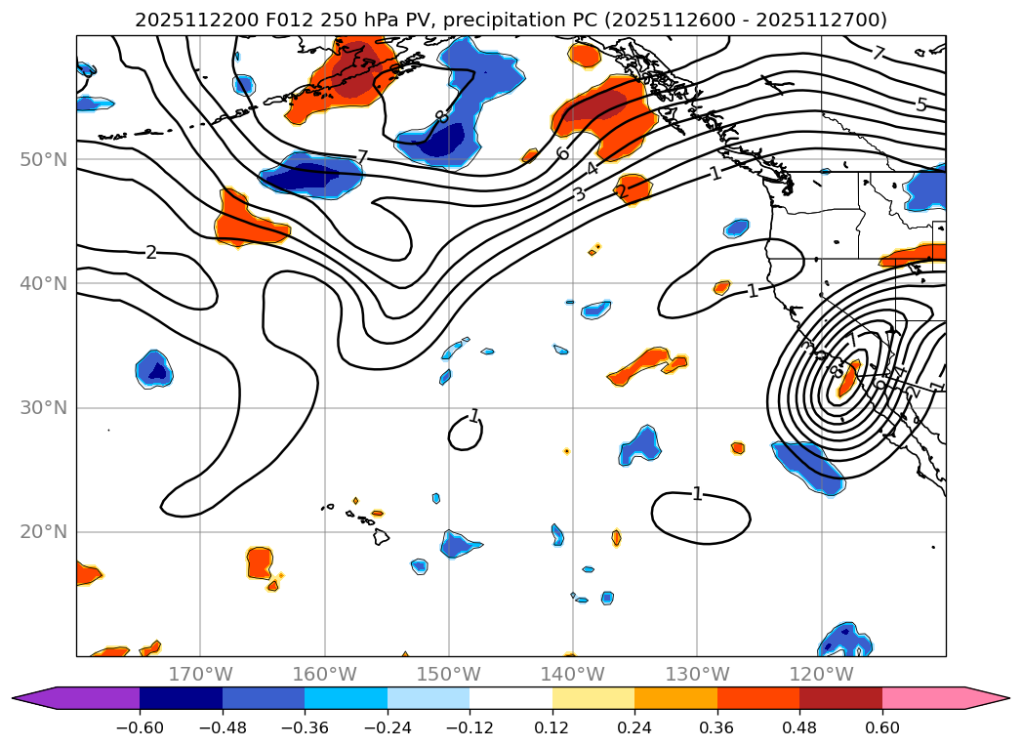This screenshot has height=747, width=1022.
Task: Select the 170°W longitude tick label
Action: pyautogui.click(x=200, y=674)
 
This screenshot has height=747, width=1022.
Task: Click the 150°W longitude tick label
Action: pyautogui.click(x=449, y=674)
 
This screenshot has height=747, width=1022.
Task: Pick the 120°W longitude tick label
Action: pyautogui.click(x=821, y=674)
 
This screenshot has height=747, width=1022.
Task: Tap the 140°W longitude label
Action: pyautogui.click(x=573, y=674)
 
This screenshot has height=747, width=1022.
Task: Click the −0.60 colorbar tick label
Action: pyautogui.click(x=140, y=727)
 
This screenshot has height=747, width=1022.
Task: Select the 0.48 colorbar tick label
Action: pyautogui.click(x=799, y=727)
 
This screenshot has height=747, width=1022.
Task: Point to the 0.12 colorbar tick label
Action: pyautogui.click(x=552, y=727)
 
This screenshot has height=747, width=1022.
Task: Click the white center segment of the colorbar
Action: pyautogui.click(x=511, y=697)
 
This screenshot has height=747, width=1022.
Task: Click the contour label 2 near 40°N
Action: pyautogui.click(x=150, y=253)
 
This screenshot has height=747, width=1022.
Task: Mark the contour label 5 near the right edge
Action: pyautogui.click(x=920, y=104)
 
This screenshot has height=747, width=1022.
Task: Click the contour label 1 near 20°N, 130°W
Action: pyautogui.click(x=697, y=494)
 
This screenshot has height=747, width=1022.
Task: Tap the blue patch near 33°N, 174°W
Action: pyautogui.click(x=154, y=369)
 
